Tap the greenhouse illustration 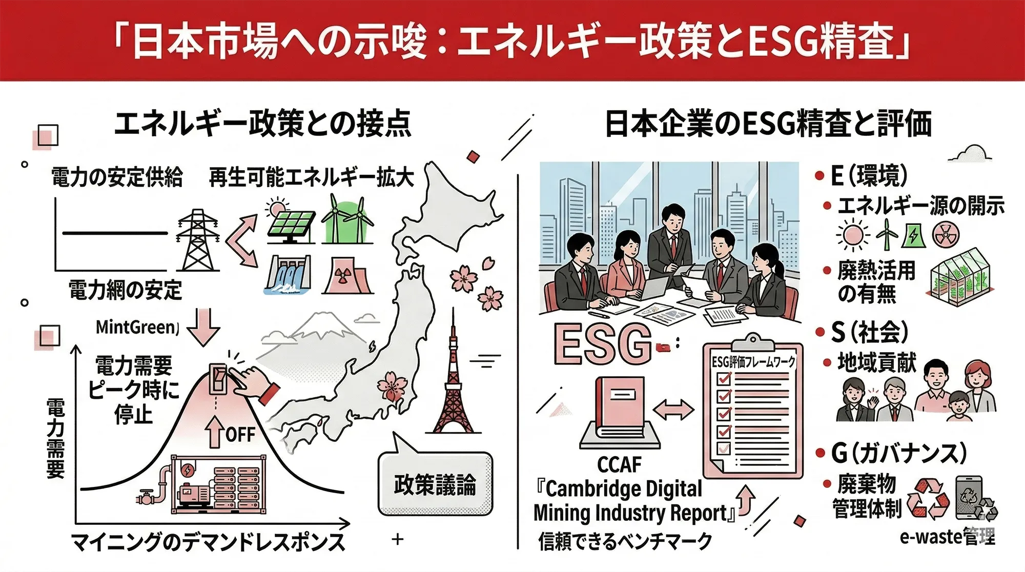959,277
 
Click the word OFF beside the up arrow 240,435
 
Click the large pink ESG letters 603,344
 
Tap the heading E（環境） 869,176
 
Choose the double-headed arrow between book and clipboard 673,409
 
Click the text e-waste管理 948,537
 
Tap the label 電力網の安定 126,290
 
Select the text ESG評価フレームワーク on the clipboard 753,362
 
